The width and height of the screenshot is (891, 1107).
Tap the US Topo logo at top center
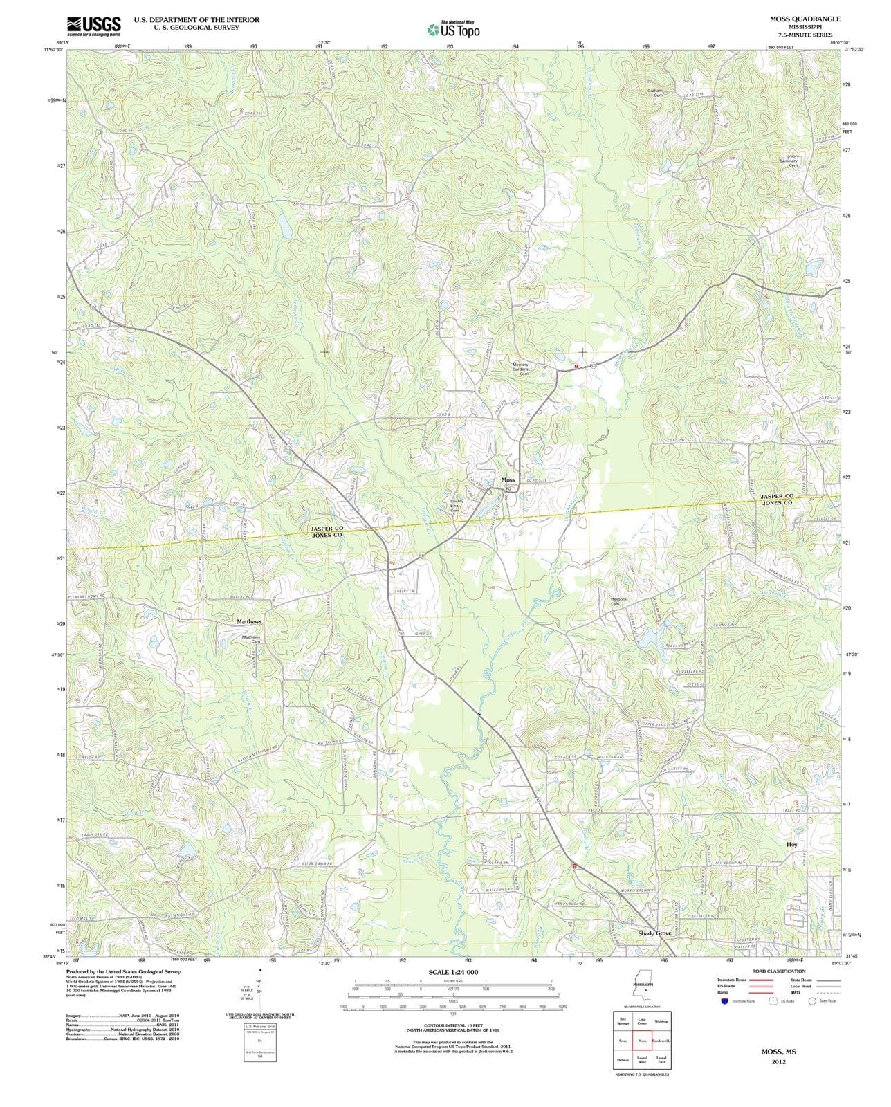pos(453,29)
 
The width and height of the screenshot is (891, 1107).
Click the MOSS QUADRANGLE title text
pos(805,19)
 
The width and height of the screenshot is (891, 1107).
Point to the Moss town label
pos(508,479)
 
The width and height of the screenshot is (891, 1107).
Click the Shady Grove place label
pos(654,933)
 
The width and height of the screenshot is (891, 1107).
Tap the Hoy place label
pos(792,845)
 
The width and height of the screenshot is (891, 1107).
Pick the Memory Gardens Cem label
pos(520,369)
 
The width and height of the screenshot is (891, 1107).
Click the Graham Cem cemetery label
pos(654,93)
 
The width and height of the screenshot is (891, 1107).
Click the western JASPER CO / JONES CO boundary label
pos(327,531)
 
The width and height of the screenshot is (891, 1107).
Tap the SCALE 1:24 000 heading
pos(453,972)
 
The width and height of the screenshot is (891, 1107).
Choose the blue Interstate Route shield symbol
pos(724,1000)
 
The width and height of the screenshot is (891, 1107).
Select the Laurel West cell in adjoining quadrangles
pos(642,1059)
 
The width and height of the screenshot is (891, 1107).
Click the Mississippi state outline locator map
pos(643,990)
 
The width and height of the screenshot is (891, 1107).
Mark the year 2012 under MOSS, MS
pos(778,1061)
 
